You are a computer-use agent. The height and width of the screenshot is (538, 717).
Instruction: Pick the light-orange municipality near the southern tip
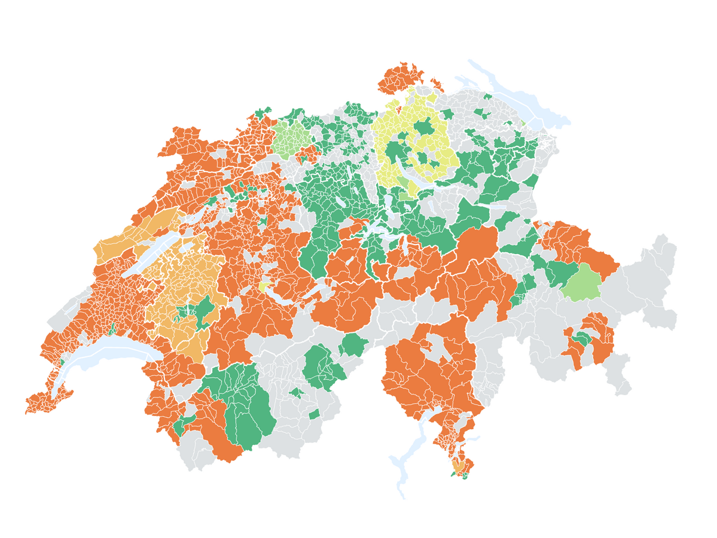(459, 465)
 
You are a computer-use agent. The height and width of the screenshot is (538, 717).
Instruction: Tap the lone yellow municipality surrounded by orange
(263, 287)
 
